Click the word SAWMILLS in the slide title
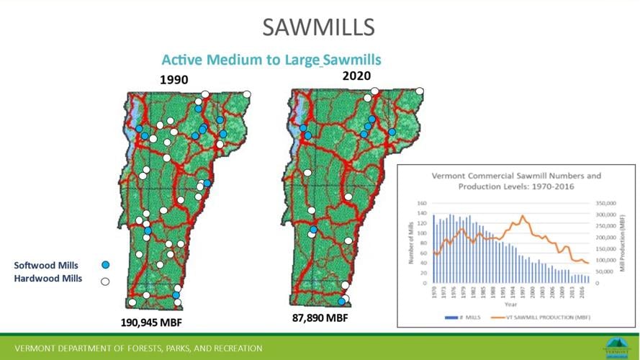[x=319, y=27]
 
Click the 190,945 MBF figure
[x=160, y=322]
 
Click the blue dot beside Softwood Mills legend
[x=105, y=265]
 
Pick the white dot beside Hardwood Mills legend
[x=105, y=281]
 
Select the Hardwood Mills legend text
[x=48, y=279]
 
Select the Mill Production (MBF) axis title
[x=624, y=242]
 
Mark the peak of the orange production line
[x=523, y=215]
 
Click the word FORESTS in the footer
[x=132, y=348]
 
